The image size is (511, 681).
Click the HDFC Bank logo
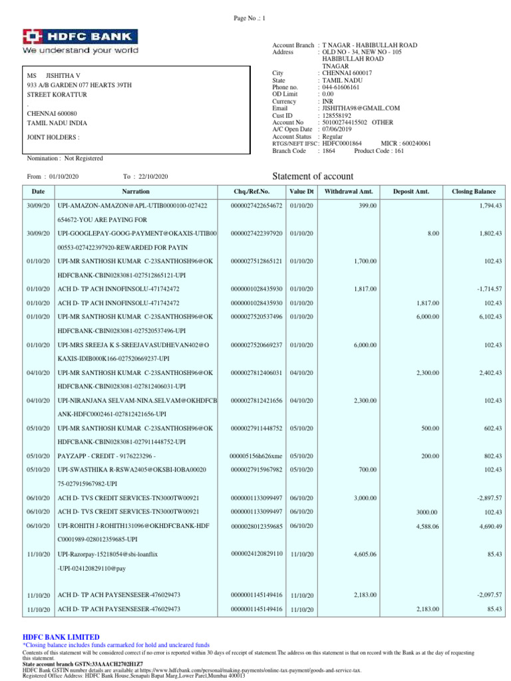81,41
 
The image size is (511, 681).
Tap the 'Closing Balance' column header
474,192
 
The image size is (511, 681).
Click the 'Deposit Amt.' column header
411,192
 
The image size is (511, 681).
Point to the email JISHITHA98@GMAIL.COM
361,108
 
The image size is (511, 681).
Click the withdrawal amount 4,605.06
363,553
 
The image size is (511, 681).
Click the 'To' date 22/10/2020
154,176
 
